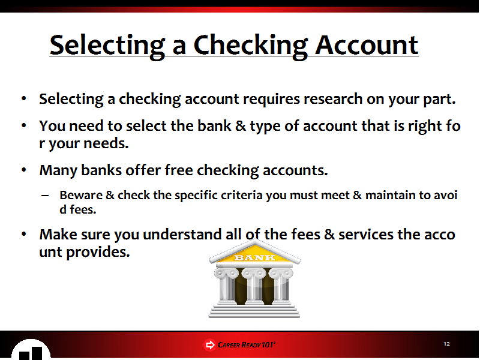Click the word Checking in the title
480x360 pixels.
coord(250,46)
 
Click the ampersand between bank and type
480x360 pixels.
coord(241,125)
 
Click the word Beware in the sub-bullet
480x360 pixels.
coord(81,195)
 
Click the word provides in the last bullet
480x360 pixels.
coord(98,252)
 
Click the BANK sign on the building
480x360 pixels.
coord(254,257)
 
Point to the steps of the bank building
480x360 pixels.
coord(254,311)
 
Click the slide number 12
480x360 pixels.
coord(446,344)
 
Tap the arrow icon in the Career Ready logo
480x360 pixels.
coord(209,345)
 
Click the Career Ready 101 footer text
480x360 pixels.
coord(247,345)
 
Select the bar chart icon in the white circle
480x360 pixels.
coord(31,353)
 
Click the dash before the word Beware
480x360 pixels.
coord(44,196)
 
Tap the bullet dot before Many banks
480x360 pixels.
coord(24,170)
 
